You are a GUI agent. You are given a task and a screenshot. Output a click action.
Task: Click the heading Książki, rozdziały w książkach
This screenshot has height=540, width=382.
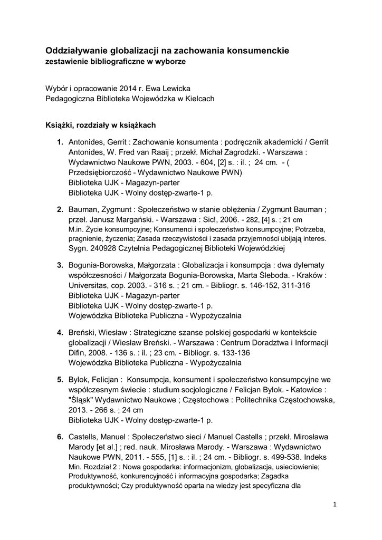pos(100,125)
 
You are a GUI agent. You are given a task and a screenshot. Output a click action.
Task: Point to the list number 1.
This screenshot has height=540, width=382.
pos(61,142)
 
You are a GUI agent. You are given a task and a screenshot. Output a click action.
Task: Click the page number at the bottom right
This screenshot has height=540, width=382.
pos(335,505)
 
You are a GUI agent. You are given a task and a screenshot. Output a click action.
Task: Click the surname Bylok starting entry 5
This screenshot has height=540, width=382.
pos(79,379)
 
